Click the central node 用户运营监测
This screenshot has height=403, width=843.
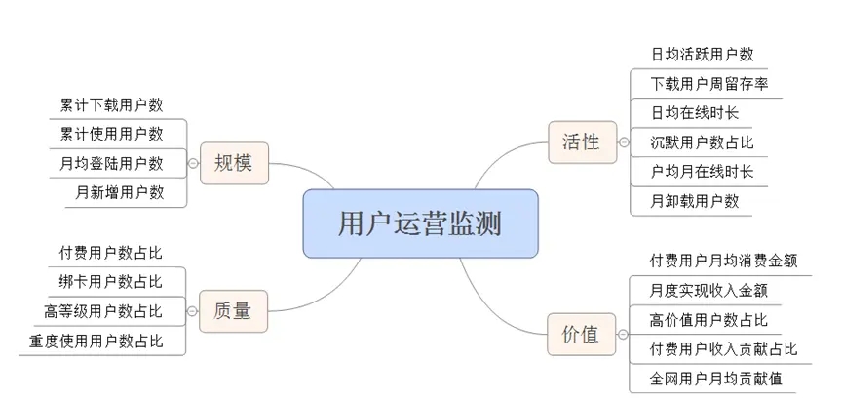pyautogui.click(x=420, y=223)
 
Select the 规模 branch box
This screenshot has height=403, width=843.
pyautogui.click(x=233, y=162)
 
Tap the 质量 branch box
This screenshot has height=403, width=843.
pyautogui.click(x=233, y=311)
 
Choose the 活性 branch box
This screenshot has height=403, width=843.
pyautogui.click(x=581, y=142)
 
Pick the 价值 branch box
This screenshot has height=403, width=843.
pyautogui.click(x=581, y=335)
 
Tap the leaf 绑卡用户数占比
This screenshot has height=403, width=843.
pyautogui.click(x=111, y=282)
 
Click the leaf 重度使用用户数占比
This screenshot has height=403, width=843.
pyautogui.click(x=96, y=341)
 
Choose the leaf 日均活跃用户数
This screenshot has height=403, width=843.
pyautogui.click(x=702, y=55)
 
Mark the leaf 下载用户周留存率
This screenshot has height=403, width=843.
pyautogui.click(x=709, y=84)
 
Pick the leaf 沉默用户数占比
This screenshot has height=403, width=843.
pyautogui.click(x=702, y=142)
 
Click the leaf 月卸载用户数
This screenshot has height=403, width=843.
pyautogui.click(x=695, y=201)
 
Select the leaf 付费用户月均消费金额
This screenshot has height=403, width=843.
pyautogui.click(x=723, y=261)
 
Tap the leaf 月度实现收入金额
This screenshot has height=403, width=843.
pyautogui.click(x=709, y=290)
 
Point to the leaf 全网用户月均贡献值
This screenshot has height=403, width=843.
pyautogui.click(x=716, y=378)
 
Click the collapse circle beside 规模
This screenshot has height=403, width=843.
pyautogui.click(x=193, y=163)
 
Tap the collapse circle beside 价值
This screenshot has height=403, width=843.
pyautogui.click(x=621, y=335)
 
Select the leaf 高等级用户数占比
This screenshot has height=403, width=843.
pyautogui.click(x=103, y=311)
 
